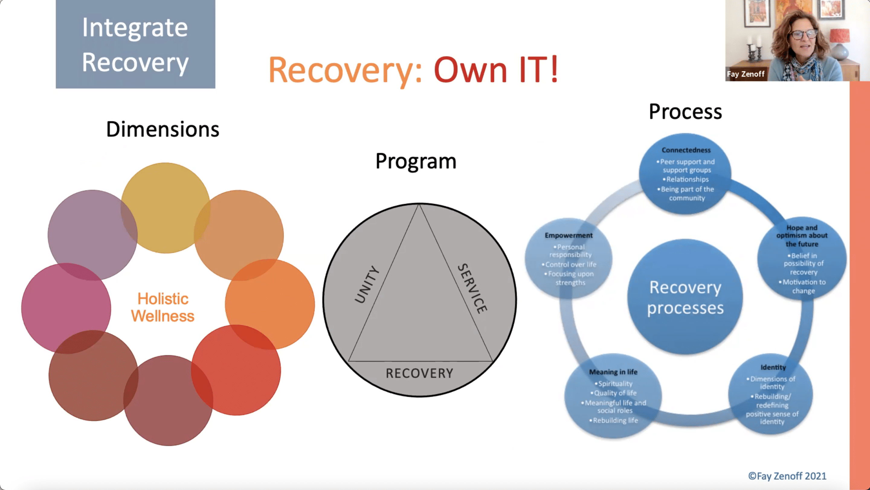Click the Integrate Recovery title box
[135, 44]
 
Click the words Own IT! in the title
[495, 70]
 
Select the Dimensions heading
[163, 129]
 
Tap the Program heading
[416, 161]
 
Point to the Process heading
[685, 112]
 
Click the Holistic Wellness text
[163, 307]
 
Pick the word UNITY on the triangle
[367, 284]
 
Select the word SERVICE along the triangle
[472, 288]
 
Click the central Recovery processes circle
[685, 297]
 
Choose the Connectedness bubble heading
[686, 150]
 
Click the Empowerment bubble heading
[569, 235]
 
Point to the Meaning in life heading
[613, 372]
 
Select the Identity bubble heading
[773, 367]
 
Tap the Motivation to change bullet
[804, 286]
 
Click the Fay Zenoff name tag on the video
[745, 74]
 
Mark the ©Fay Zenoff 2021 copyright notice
[787, 476]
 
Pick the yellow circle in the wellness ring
[166, 207]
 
